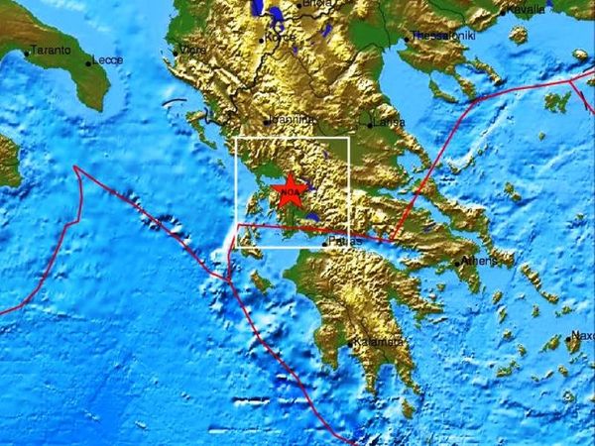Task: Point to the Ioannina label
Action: click(294, 119)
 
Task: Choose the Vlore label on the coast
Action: click(193, 49)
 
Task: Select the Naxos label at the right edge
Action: click(583, 336)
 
